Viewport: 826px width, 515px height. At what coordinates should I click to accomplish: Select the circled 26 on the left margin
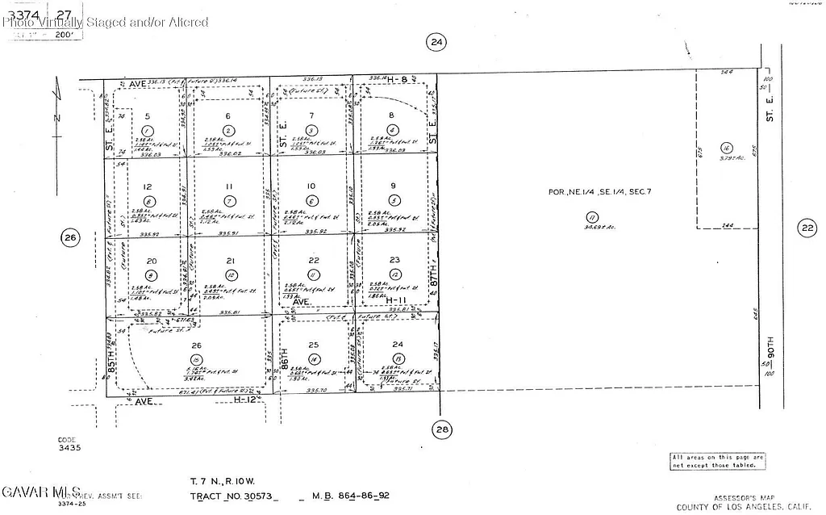(x=70, y=237)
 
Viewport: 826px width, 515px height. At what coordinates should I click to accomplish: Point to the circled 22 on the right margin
(x=807, y=228)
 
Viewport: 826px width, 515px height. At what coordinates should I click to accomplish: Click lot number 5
(x=147, y=116)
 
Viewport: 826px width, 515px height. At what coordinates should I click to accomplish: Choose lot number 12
(x=147, y=186)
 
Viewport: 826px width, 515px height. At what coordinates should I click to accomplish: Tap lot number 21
(x=230, y=261)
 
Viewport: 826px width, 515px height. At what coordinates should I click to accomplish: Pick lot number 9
(x=394, y=186)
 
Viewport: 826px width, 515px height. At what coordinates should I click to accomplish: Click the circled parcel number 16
(x=727, y=148)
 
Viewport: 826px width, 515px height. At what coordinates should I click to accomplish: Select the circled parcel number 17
(x=592, y=217)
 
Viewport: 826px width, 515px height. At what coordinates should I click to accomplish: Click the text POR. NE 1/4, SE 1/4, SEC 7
(x=599, y=191)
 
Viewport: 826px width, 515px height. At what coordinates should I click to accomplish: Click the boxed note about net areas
(x=717, y=461)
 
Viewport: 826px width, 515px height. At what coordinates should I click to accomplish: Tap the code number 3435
(x=69, y=446)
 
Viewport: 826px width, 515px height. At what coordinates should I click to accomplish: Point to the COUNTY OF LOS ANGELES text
(x=730, y=507)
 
